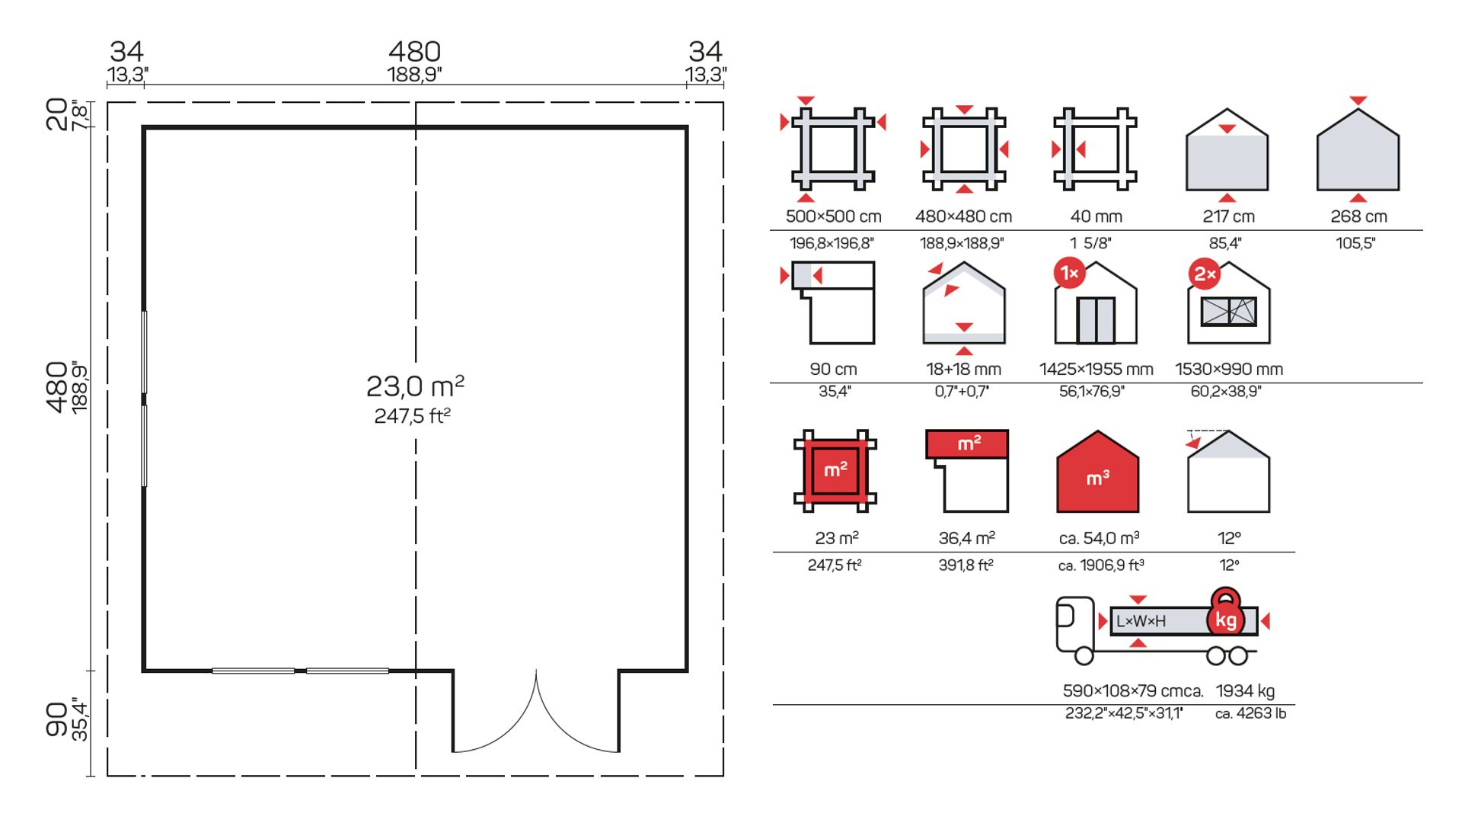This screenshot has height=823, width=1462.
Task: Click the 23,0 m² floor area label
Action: coord(415,386)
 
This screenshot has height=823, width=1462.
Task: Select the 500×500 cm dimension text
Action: coord(833,216)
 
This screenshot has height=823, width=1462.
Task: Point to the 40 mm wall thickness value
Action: coord(1096,216)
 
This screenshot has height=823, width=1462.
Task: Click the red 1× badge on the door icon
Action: coord(1070,273)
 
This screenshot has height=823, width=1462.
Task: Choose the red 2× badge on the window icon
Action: coord(1205,274)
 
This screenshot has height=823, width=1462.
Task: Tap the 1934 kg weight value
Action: coord(1245,690)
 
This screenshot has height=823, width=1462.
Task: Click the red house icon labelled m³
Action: coord(1097,472)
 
